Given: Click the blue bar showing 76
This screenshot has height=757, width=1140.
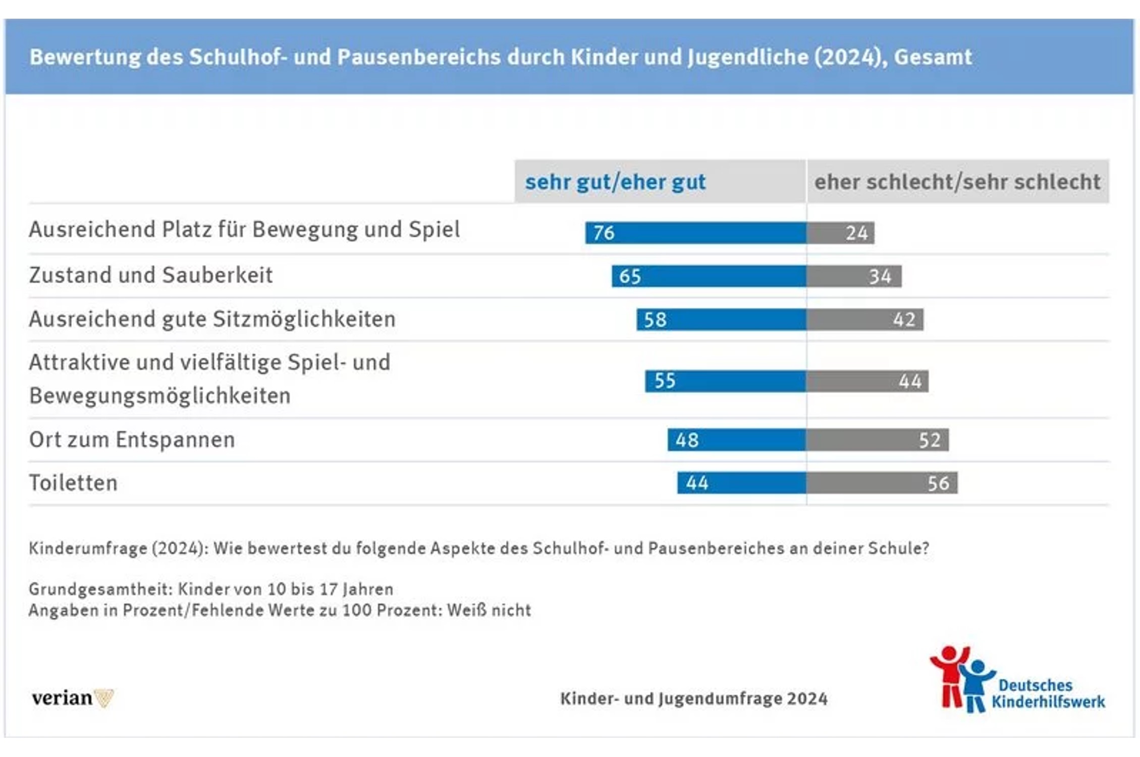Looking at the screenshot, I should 695,233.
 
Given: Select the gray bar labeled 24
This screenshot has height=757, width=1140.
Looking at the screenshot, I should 840,233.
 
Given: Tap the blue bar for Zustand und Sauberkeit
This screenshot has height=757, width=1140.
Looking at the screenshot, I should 709,276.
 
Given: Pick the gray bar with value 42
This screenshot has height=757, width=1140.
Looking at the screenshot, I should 865,319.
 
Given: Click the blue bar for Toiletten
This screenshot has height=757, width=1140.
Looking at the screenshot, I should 741,483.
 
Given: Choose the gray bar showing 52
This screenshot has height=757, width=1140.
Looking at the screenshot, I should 877,440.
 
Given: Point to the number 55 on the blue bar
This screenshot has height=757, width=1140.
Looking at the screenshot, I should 665,381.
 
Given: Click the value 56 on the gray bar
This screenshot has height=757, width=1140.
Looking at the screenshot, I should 938,483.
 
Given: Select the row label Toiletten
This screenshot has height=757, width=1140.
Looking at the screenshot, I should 73,483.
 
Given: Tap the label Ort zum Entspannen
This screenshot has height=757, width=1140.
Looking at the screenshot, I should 132,440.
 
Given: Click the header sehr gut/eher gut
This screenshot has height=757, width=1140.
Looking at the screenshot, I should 615,182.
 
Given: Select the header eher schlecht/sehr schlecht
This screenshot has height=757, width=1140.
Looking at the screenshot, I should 957,182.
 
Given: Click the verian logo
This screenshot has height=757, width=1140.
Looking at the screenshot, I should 72,698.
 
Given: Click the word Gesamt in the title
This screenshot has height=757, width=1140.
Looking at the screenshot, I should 933,57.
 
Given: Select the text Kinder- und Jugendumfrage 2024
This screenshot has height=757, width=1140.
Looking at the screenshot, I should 693,698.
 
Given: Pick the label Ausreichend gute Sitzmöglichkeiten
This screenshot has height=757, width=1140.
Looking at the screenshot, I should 212,319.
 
